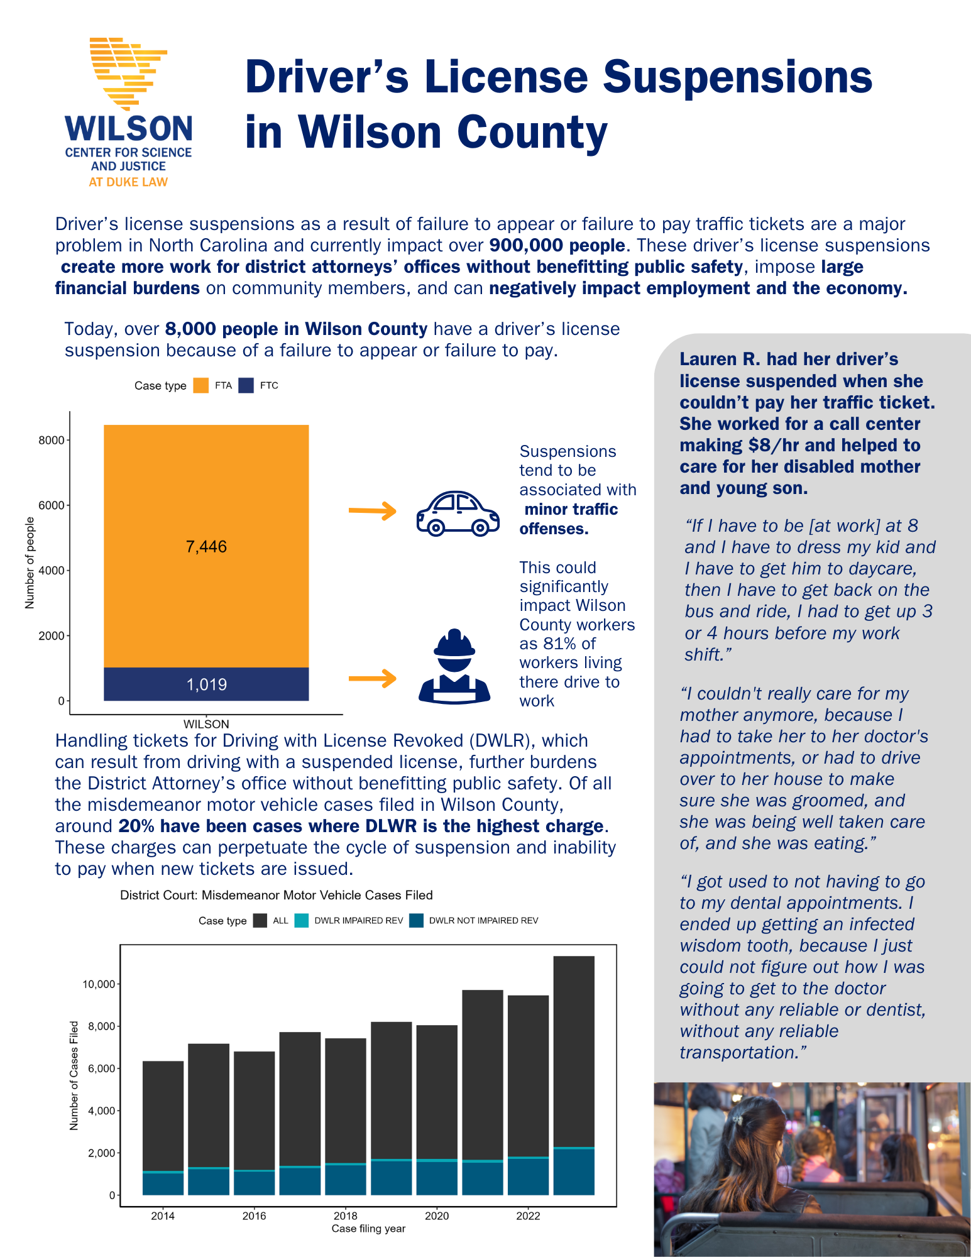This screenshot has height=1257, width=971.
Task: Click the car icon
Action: (458, 513)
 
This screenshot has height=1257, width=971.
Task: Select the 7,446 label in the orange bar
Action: (206, 547)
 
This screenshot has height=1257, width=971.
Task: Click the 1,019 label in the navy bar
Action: (206, 684)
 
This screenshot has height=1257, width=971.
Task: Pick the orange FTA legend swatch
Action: (200, 385)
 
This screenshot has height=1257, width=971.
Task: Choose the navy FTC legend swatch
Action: (246, 385)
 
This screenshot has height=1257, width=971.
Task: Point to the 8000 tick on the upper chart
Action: (52, 440)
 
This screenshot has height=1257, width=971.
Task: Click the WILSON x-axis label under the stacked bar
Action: (206, 724)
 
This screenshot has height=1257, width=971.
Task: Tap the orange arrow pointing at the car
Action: (372, 510)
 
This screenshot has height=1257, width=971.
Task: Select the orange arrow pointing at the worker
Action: (372, 678)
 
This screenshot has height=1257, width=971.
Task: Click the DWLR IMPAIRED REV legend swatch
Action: (302, 921)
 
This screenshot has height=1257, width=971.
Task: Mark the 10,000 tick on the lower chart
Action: (99, 984)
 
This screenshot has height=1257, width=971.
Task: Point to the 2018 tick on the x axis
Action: (346, 1216)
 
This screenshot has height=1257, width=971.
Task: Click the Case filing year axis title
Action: (368, 1229)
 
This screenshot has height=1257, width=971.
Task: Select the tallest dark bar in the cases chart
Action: (574, 1050)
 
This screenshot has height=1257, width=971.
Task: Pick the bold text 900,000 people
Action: (557, 245)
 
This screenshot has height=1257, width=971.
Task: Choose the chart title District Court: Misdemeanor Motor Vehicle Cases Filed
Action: (277, 895)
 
